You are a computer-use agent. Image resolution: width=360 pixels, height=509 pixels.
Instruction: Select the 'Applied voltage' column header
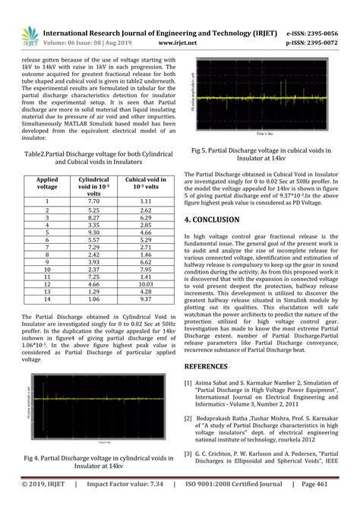pos(47,182)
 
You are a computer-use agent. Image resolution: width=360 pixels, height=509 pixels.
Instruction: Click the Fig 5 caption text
pos(262,155)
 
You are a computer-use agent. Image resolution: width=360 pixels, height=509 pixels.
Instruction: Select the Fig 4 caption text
pos(95,463)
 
